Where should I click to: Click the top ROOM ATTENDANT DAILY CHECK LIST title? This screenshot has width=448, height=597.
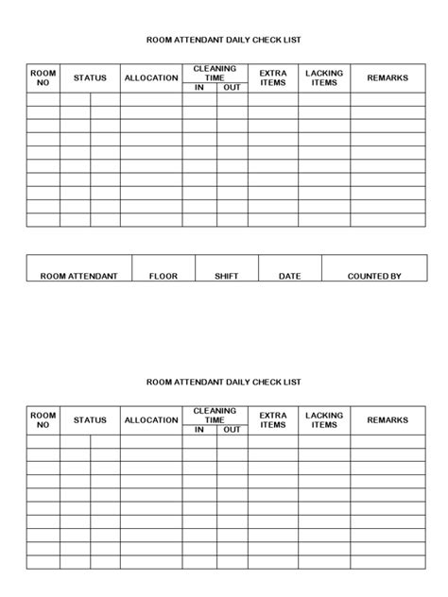point(224,41)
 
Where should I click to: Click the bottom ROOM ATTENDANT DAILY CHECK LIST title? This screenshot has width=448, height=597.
point(224,383)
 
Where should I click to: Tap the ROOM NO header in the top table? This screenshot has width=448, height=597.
point(43,78)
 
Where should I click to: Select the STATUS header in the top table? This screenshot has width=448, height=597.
point(90,78)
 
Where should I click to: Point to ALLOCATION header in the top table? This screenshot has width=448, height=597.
point(151,78)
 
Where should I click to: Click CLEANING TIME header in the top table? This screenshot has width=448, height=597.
point(215,73)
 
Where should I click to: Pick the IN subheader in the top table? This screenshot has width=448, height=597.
point(199,88)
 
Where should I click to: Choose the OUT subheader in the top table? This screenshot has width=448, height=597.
point(232,88)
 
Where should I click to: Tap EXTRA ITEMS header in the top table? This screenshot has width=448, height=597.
point(273,78)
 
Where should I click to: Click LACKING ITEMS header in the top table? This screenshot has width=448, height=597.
point(324,78)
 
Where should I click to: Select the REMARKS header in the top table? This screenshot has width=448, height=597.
point(388,78)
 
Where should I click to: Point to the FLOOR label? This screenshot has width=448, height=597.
point(164,276)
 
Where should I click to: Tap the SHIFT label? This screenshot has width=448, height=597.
point(226,276)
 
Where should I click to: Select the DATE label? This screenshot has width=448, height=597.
point(290,276)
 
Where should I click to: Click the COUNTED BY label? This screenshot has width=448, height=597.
point(374,276)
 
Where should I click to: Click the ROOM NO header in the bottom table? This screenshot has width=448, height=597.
point(43,420)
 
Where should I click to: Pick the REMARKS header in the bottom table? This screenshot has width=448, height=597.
point(388,420)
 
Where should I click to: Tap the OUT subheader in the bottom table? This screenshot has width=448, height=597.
point(232,430)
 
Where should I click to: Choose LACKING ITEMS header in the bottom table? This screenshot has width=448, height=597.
point(324,420)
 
